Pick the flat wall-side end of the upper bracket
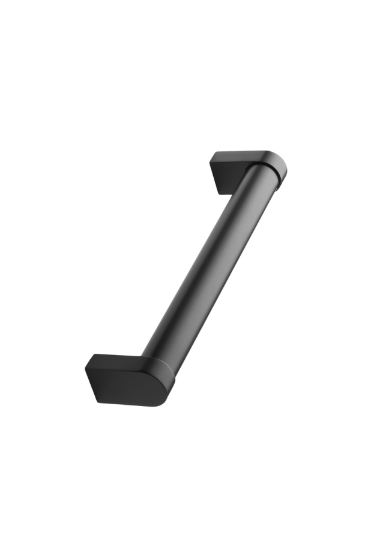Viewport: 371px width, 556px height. tap(220, 174)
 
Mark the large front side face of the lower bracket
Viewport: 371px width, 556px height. tap(126, 387)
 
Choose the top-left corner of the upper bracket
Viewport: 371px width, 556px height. tap(211, 157)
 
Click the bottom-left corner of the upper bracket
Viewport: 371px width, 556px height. tap(221, 193)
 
